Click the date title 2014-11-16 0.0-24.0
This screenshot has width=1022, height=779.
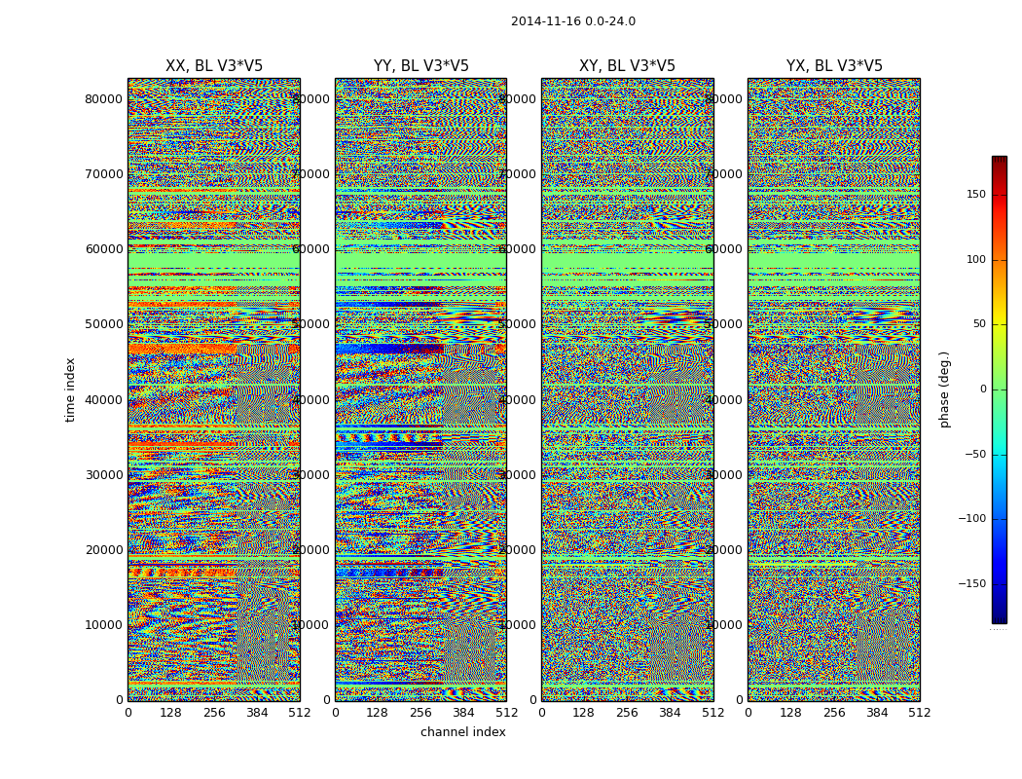coord(572,21)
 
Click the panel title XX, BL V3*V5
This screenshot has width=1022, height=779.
coord(214,66)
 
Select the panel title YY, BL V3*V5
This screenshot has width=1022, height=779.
coord(420,66)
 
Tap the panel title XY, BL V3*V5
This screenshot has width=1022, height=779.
coord(627,66)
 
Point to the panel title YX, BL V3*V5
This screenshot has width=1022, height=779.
coord(834,66)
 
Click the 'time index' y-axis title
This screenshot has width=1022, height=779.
coord(70,389)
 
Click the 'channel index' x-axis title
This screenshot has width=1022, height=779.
coord(462,732)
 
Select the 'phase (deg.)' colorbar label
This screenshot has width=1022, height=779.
coord(944,389)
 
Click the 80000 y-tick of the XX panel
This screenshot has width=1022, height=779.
coord(104,98)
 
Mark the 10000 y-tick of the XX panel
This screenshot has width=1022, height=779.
coord(104,625)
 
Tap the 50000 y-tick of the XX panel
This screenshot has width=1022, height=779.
coord(104,324)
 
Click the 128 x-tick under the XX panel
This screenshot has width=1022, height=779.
coord(170,713)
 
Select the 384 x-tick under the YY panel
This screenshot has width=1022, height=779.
coord(463,713)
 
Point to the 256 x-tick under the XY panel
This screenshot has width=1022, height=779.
coord(627,713)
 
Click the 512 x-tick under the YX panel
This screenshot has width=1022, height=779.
coord(920,713)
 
